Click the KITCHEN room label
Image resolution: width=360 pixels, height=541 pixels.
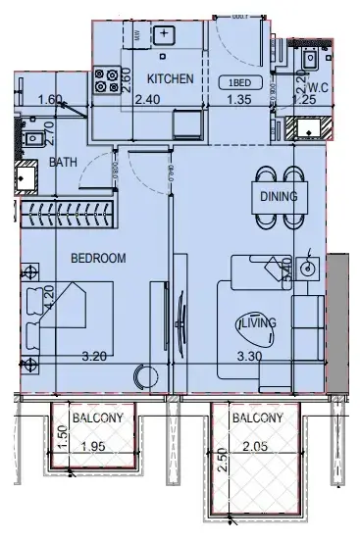171,78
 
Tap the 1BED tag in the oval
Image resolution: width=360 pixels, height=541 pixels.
238,81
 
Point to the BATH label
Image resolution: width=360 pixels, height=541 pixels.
64,163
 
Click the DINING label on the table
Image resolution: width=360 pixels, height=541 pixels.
279,196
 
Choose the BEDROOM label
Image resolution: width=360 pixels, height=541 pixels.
99,258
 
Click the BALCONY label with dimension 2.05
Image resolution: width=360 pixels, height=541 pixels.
257,418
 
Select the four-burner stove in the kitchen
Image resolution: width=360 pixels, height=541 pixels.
105,78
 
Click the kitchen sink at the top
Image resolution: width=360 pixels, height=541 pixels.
164,36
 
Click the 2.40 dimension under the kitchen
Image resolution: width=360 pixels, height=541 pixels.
146,99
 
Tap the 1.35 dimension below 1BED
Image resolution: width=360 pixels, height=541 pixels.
239,99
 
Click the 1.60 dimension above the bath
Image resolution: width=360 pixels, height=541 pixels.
50,99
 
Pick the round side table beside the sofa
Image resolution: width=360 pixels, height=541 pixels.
309,268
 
